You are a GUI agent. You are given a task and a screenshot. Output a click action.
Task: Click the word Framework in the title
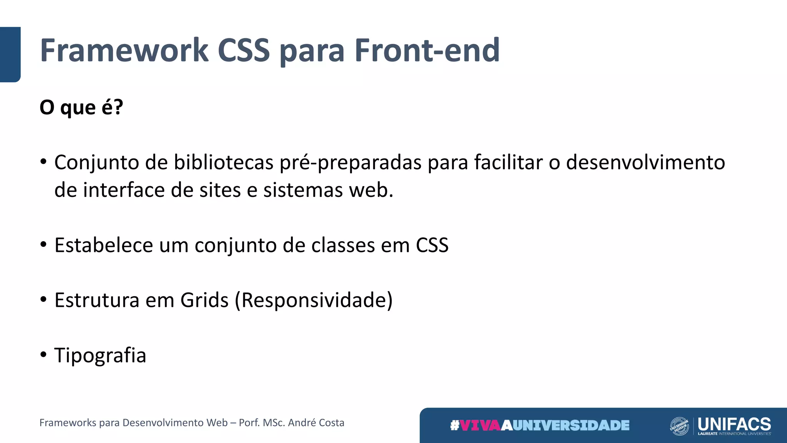(124, 50)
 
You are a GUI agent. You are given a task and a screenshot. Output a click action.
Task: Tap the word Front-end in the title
(427, 50)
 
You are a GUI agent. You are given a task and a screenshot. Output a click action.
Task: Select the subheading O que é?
(81, 107)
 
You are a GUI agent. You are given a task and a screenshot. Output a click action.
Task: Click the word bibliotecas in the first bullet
(223, 162)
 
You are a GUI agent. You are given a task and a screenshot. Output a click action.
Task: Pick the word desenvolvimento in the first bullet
(646, 162)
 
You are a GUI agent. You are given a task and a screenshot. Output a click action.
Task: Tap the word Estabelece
(104, 245)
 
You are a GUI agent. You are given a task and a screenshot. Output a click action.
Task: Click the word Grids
(204, 300)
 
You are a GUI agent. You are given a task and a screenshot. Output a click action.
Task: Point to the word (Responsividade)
(314, 300)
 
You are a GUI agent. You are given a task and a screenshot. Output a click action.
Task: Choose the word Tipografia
(100, 355)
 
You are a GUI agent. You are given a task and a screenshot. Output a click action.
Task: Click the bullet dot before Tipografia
(43, 354)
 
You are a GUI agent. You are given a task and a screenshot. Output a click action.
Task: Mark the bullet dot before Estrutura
(43, 299)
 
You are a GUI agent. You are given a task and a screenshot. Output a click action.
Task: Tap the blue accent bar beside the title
(10, 54)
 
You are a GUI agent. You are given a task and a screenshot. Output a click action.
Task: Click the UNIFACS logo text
(734, 424)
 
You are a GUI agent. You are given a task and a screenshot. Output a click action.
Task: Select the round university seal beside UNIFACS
(679, 426)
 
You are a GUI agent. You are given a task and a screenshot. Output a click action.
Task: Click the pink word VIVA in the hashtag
(480, 425)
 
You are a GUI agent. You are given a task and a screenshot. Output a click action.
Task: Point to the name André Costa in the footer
(316, 423)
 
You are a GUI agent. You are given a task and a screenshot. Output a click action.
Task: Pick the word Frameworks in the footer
(68, 423)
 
